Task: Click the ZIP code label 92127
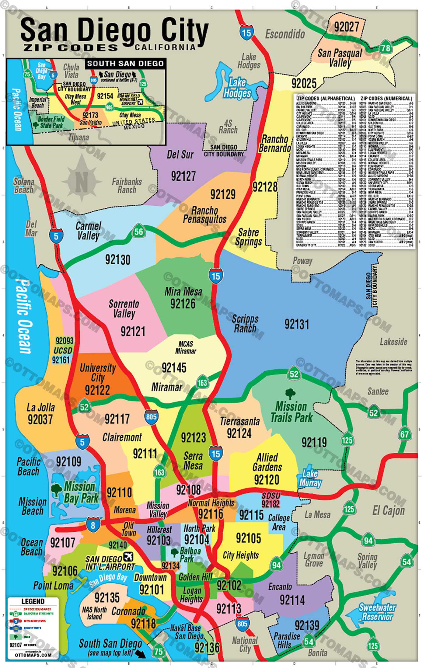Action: (183, 176)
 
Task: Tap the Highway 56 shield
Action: (138, 232)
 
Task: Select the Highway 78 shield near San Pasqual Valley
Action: (386, 47)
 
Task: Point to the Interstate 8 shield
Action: (93, 525)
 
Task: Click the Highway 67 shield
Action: (404, 434)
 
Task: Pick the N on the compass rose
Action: (81, 182)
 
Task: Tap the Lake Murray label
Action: (310, 478)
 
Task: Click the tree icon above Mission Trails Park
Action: (290, 394)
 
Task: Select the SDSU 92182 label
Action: (271, 500)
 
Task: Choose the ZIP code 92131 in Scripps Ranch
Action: (297, 324)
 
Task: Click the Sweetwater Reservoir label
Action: (377, 612)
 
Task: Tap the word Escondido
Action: (285, 34)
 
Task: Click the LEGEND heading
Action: (33, 601)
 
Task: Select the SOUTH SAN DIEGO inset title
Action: (125, 64)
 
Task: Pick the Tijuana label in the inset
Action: (79, 137)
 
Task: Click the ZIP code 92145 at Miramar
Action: (174, 368)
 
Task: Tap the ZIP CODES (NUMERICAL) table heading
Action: (386, 99)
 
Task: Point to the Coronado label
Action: (128, 611)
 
